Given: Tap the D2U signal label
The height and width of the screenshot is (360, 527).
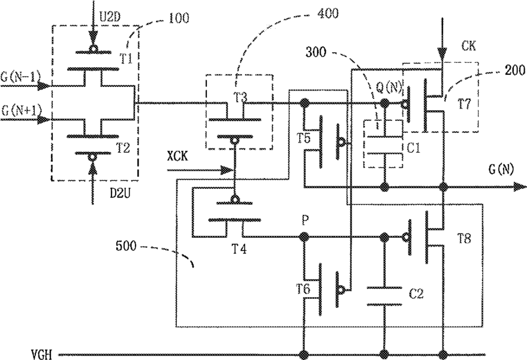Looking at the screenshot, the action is (118, 193).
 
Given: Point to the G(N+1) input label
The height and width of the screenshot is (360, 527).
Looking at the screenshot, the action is (21, 110).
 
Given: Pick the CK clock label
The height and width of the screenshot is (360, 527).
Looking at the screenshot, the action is (468, 46).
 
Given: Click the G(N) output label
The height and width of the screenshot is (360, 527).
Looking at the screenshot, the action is (501, 170).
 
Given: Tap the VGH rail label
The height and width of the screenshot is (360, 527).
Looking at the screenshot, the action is (42, 354).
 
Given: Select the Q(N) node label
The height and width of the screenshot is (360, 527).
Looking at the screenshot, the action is (389, 88).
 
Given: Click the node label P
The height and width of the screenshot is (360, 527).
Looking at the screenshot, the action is (305, 220).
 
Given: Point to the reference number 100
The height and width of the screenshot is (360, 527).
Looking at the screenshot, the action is (179, 18).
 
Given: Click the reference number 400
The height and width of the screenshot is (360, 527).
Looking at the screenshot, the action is (328, 13).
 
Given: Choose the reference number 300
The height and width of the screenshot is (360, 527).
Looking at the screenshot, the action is (315, 52).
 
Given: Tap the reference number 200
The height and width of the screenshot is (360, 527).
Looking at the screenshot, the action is (514, 70).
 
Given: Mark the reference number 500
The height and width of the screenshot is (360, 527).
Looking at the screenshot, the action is (126, 246).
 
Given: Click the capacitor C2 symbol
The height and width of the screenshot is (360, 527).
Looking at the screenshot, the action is (384, 296).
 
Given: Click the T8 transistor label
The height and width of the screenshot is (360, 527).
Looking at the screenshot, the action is (464, 239).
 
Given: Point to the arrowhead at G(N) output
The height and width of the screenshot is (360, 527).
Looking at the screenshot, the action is (520, 187).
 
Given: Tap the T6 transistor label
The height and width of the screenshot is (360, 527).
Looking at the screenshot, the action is (303, 289).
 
